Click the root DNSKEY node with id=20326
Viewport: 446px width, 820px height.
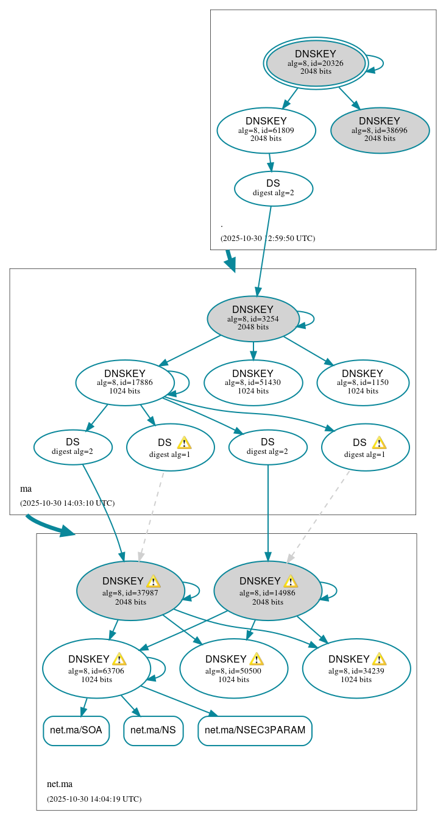tap(316, 63)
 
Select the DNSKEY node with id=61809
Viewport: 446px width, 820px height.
tap(266, 130)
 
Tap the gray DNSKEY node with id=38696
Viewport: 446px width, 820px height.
tap(380, 130)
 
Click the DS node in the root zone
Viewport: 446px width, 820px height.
tap(273, 188)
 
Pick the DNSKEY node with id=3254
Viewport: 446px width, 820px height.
tap(253, 318)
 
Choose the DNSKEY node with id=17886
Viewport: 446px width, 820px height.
tap(125, 383)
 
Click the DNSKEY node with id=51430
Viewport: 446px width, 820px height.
tap(253, 383)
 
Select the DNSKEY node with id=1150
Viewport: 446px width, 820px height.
tap(363, 383)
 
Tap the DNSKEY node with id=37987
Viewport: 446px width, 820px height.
tap(130, 591)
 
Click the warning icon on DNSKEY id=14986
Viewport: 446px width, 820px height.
tap(291, 581)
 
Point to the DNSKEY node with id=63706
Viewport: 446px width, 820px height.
tap(96, 669)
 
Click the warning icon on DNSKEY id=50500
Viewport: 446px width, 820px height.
tap(257, 659)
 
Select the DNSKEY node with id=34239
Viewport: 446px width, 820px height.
tap(356, 669)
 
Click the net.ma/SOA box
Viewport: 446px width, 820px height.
tap(76, 730)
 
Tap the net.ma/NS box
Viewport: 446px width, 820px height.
tap(154, 730)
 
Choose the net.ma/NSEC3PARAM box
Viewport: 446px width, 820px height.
tap(255, 730)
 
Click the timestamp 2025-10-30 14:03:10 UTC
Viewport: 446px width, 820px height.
tap(67, 503)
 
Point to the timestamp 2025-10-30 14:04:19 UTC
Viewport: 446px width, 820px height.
tap(94, 799)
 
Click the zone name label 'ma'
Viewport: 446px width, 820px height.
tap(26, 489)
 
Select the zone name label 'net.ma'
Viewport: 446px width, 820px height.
tap(60, 784)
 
